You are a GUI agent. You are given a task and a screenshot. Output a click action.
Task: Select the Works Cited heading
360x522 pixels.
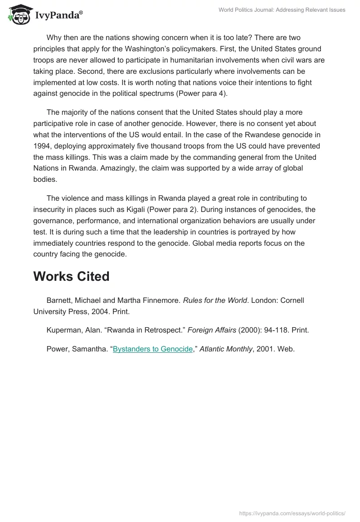tap(71, 276)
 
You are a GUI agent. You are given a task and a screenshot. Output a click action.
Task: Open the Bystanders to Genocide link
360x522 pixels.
tap(153, 349)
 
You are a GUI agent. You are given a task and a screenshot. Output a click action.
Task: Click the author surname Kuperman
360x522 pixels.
tap(63, 330)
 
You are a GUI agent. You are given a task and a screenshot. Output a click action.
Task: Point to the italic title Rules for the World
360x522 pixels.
tap(215, 300)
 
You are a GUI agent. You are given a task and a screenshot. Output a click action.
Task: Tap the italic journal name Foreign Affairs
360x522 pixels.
tap(212, 330)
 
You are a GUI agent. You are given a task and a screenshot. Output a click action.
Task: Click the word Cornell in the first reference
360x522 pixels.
tap(292, 300)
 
